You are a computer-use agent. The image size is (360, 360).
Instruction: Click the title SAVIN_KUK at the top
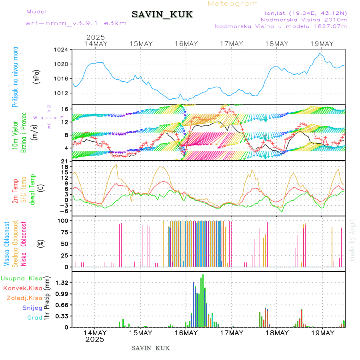[162, 14]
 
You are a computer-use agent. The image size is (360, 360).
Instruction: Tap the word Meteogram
[233, 4]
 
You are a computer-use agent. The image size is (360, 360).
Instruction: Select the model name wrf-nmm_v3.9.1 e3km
[76, 23]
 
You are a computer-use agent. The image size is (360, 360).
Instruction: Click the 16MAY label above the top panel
[186, 44]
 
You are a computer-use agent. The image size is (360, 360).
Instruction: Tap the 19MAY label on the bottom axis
[322, 333]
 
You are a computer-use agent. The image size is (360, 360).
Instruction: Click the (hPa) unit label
[36, 76]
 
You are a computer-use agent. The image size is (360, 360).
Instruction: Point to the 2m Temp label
[15, 192]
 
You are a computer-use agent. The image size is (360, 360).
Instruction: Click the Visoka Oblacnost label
[7, 244]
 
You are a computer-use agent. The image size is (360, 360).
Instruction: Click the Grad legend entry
[34, 318]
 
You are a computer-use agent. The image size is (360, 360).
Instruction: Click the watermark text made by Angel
[352, 240]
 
